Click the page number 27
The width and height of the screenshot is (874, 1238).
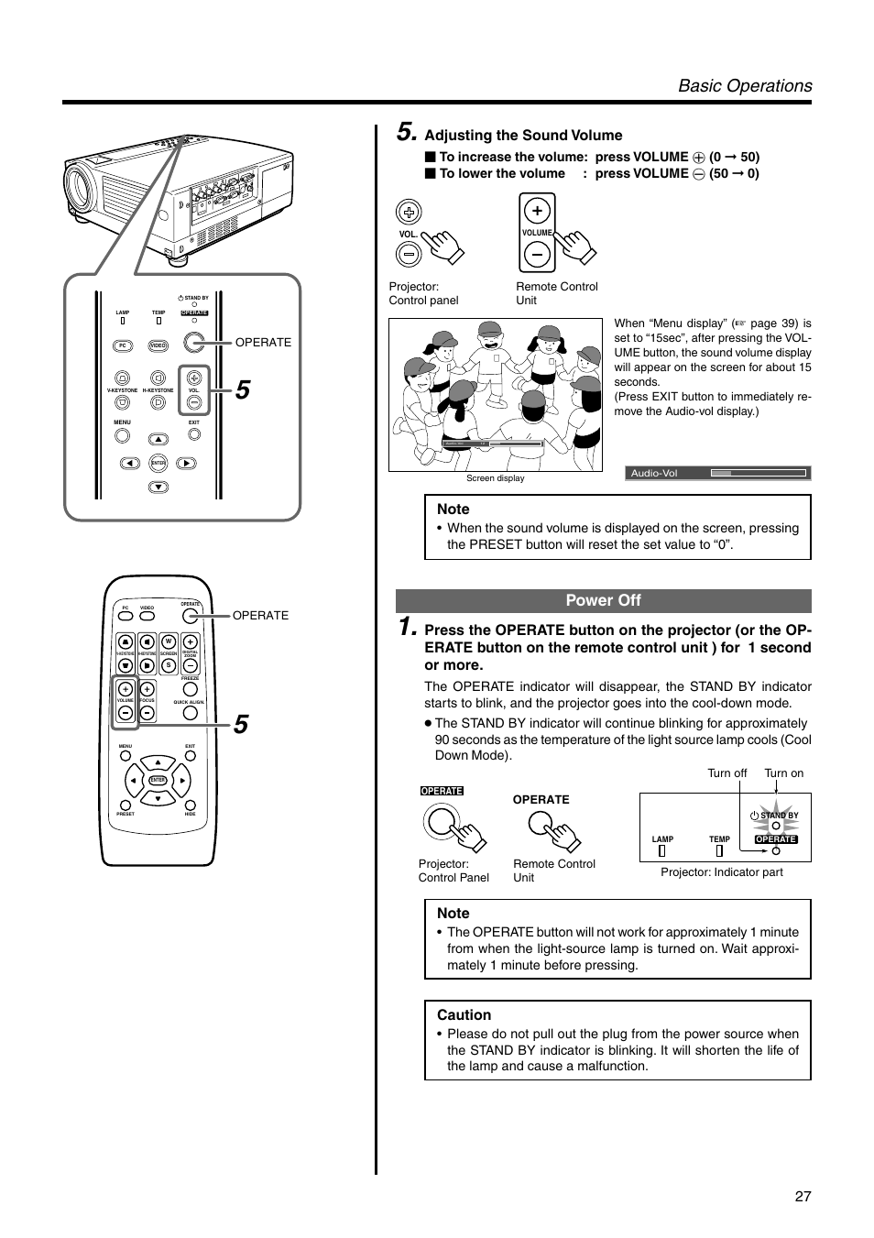(803, 1196)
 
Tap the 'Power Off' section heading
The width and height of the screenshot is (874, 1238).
(603, 600)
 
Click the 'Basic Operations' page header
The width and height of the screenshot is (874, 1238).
(744, 85)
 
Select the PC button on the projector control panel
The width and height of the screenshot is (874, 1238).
(122, 345)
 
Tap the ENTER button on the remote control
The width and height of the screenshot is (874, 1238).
(158, 780)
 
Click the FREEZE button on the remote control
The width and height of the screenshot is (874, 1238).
(190, 690)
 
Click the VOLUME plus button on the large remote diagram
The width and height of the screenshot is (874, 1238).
(126, 689)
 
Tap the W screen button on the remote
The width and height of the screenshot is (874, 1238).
(169, 641)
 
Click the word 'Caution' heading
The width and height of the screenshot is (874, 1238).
(464, 1014)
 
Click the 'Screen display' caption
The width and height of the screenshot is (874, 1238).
(495, 478)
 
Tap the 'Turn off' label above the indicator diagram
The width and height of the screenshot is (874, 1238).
(727, 772)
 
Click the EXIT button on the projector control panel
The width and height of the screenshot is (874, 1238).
(194, 437)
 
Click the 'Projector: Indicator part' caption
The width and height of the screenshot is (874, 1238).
(721, 872)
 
